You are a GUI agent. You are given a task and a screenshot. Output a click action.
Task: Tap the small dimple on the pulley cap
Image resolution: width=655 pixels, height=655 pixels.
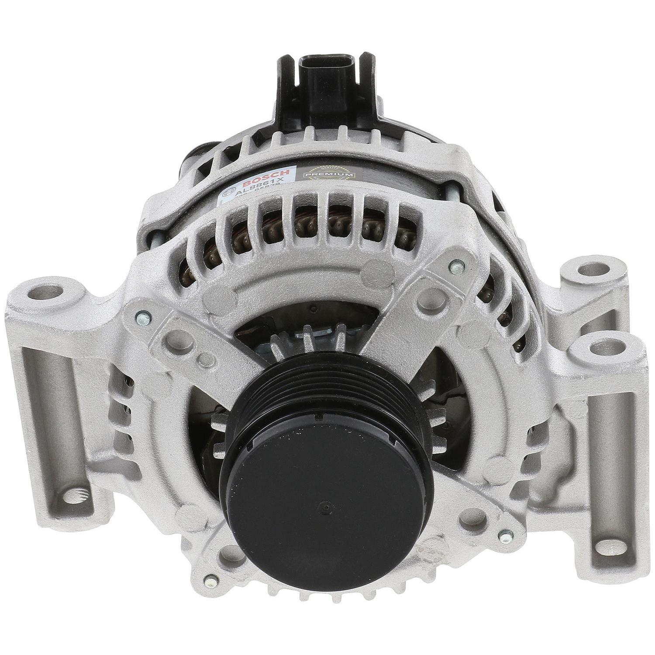click(321, 503)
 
